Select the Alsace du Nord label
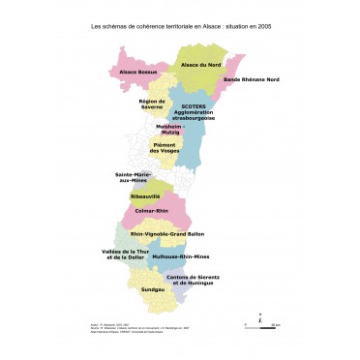click(x=201, y=65)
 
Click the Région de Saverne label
click(x=153, y=104)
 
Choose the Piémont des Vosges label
click(x=165, y=148)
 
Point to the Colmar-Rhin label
click(x=153, y=211)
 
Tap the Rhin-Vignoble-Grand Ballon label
click(x=167, y=234)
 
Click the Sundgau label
click(x=152, y=289)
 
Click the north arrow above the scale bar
click(x=260, y=314)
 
